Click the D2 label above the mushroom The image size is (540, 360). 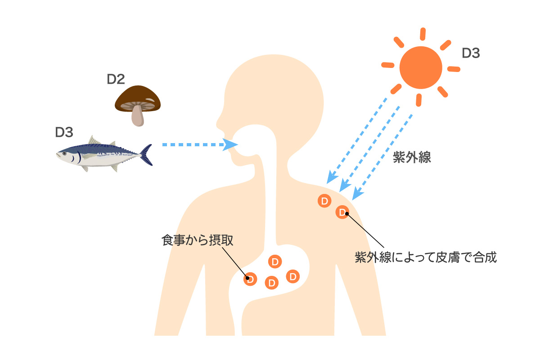[116, 79]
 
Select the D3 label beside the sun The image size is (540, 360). [471, 54]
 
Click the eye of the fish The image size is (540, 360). [64, 153]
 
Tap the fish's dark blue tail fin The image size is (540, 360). [146, 154]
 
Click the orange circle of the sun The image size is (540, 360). [421, 68]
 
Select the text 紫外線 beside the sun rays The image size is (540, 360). [412, 157]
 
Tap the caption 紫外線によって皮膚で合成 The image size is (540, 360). [425, 258]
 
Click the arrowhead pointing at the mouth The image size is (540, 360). [231, 144]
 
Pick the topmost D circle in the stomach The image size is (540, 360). [274, 261]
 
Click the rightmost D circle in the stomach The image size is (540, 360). [293, 276]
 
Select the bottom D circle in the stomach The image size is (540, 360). [271, 283]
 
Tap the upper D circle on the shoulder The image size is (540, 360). [324, 200]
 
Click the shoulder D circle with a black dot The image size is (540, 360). [342, 211]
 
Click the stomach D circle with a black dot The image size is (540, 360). [251, 279]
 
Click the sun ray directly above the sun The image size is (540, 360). [423, 34]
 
